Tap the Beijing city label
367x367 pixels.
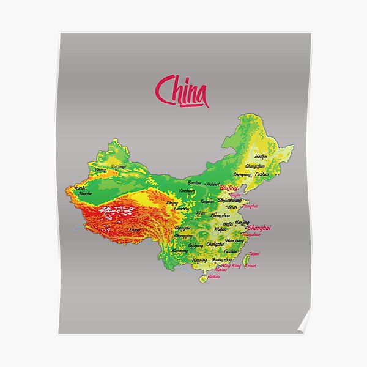click(228, 187)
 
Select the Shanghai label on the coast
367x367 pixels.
click(259, 228)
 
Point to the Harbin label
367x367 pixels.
click(261, 155)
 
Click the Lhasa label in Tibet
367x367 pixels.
click(135, 229)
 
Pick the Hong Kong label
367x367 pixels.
click(231, 266)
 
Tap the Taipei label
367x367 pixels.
click(254, 253)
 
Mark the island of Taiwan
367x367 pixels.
click(249, 262)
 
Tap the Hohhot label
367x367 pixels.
click(213, 183)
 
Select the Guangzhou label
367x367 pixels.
click(221, 259)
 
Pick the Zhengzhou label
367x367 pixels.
click(221, 216)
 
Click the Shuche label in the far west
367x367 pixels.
click(86, 193)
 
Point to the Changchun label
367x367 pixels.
click(255, 166)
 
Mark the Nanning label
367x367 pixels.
click(199, 260)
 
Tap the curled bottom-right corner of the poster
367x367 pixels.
click(303, 326)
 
